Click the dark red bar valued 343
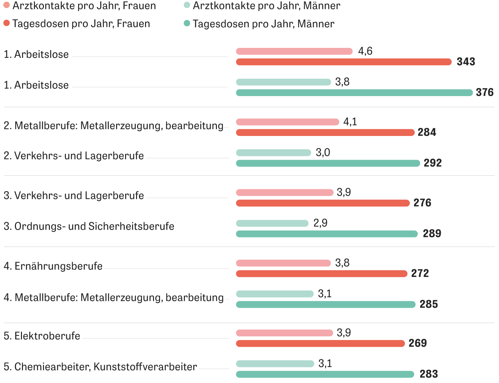point(344,62)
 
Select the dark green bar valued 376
point(354,93)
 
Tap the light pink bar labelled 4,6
point(294,51)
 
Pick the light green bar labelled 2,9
point(272,223)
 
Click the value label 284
point(427,132)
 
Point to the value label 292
point(432,163)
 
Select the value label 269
point(417,343)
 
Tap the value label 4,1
point(350,122)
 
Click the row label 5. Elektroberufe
point(42,336)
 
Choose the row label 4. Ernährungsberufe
point(53,266)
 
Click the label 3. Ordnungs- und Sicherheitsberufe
point(89,226)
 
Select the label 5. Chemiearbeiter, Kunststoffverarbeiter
point(100,367)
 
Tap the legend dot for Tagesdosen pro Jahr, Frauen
point(6,23)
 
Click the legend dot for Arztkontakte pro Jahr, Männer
point(187,5)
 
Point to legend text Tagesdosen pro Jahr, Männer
point(263,24)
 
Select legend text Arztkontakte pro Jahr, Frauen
point(84,6)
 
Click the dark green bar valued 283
point(325,374)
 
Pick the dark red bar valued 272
point(322,274)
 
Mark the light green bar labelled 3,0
point(273,153)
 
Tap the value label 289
point(432,233)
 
